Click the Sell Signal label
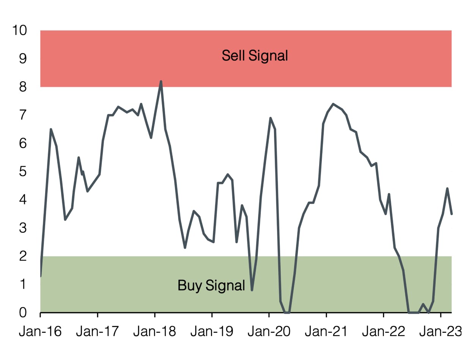[x=255, y=55]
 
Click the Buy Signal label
[x=211, y=285]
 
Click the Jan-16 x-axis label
[x=40, y=332]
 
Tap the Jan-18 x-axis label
[x=154, y=332]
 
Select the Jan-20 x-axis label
[x=269, y=332]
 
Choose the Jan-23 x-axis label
[x=441, y=332]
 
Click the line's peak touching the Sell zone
[x=161, y=81]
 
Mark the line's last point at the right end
[x=452, y=214]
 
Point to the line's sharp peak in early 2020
[x=270, y=118]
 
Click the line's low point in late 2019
[x=252, y=290]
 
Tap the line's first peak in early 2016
[x=50, y=129]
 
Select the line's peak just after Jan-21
[x=333, y=104]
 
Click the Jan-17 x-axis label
[x=98, y=332]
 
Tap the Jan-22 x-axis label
[x=383, y=332]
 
